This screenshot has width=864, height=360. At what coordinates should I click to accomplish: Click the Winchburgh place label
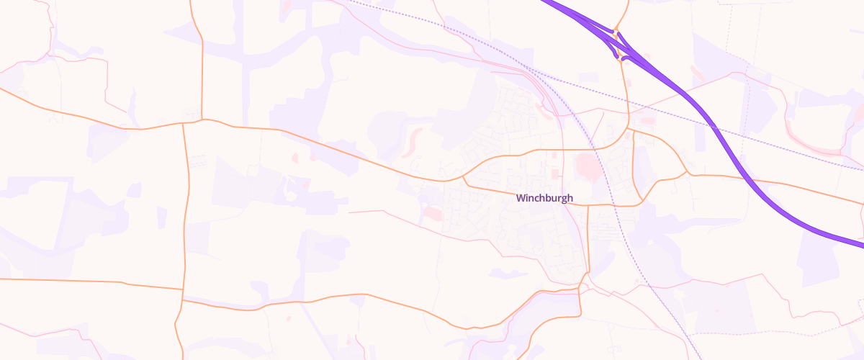pos(544,198)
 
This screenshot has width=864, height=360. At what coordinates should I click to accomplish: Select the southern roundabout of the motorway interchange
pos(621,57)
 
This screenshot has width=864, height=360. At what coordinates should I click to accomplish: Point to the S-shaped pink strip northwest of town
pos(413,141)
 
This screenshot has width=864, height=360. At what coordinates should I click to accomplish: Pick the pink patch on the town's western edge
pos(433,213)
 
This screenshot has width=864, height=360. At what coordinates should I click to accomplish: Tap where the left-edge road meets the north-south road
pos(182,289)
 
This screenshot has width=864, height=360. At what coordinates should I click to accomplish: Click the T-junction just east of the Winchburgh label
pos(588,204)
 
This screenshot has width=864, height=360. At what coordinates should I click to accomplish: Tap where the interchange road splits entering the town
pos(629,130)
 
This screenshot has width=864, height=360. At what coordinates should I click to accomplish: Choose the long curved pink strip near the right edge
pos(814,144)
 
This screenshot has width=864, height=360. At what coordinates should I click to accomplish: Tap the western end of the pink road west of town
pos(350,212)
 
